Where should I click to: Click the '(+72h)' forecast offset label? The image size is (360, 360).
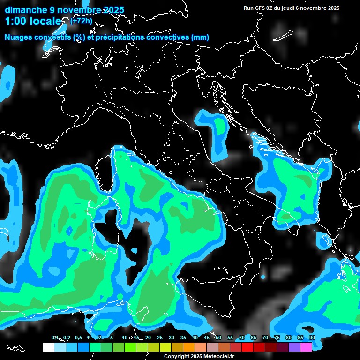point(81,21)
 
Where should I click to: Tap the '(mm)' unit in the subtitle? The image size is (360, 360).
point(200,37)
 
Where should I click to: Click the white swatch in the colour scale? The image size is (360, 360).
point(48,347)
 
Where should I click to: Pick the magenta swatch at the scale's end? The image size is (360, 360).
point(306,347)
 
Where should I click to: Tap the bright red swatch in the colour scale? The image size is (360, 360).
point(247,347)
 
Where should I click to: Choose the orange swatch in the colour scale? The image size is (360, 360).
point(189,347)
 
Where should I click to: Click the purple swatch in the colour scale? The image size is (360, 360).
point(294,347)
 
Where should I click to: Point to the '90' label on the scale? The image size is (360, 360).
point(312,337)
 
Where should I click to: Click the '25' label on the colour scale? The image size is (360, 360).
point(159,337)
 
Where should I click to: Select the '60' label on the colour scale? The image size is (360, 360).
point(241,337)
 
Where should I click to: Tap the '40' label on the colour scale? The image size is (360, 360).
point(195,337)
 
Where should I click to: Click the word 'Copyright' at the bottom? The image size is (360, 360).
point(176,357)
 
